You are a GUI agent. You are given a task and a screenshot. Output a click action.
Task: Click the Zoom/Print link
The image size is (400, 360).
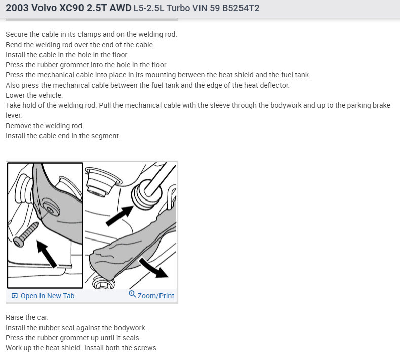click(155, 296)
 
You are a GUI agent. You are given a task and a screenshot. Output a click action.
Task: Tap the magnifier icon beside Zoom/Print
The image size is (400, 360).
click(132, 294)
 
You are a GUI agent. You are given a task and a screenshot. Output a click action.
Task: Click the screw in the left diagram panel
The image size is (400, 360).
click(25, 235)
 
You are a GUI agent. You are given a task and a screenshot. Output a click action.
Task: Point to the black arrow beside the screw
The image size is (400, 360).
click(46, 253)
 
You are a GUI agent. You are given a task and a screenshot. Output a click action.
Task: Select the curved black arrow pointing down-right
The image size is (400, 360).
click(153, 268)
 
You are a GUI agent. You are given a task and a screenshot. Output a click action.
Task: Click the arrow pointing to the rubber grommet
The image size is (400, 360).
click(119, 216)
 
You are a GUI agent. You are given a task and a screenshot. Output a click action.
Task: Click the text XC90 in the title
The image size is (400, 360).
click(71, 8)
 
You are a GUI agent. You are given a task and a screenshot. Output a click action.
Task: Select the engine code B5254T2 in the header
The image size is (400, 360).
click(241, 8)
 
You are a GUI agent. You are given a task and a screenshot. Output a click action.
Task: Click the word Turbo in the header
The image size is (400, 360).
click(178, 8)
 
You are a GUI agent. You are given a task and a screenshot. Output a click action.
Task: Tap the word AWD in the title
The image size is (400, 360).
click(121, 8)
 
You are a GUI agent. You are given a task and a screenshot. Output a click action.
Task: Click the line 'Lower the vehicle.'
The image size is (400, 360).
click(34, 95)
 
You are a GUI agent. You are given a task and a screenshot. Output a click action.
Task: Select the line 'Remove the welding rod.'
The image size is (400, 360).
click(45, 126)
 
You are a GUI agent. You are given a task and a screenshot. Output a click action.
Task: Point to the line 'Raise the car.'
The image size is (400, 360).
click(27, 317)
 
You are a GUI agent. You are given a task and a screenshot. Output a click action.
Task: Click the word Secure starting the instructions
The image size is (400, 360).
click(16, 34)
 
